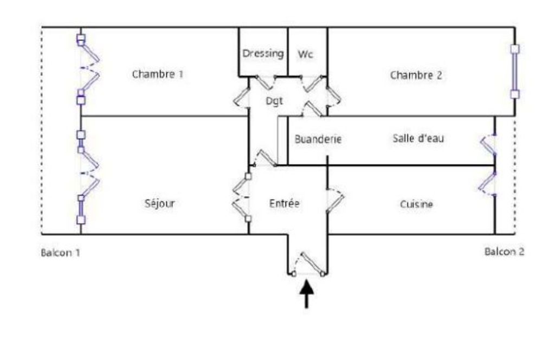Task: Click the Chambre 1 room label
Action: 157,74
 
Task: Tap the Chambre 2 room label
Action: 416,75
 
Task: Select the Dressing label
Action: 263,54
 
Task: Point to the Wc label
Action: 306,54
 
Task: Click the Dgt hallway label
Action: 274,101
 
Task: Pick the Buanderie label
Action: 318,139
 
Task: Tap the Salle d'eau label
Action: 418,138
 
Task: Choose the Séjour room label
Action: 160,204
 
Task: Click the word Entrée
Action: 285,204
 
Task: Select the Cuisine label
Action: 416,204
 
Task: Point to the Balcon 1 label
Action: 61,253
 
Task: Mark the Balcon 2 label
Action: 504,252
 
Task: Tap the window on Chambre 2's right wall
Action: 514,72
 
